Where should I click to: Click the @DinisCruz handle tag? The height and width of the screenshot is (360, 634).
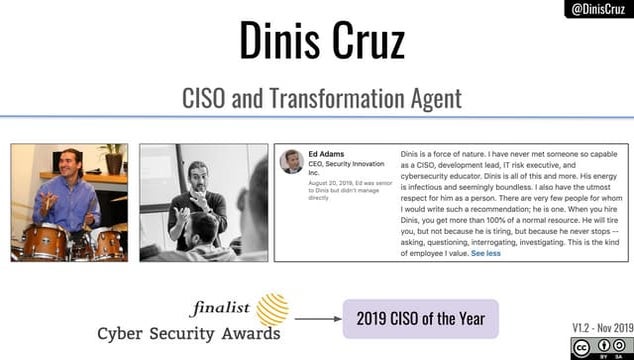(x=599, y=9)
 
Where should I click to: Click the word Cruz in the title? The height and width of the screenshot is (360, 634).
(x=369, y=43)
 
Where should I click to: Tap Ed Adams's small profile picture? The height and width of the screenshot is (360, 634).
(x=291, y=161)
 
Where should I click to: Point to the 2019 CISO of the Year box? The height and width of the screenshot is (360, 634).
(x=420, y=318)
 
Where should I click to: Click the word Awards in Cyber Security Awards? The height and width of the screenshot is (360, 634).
(x=247, y=333)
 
